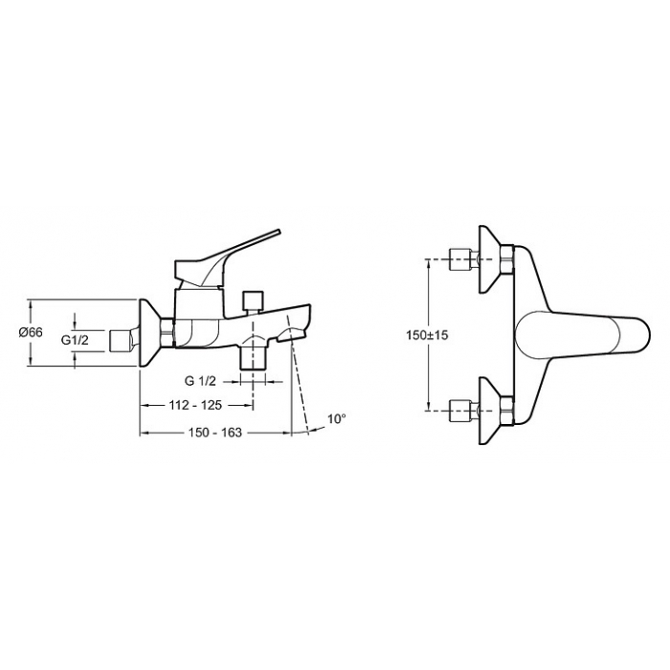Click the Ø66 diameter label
click(x=31, y=331)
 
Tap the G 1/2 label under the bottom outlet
click(x=200, y=381)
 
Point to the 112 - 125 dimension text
click(x=195, y=405)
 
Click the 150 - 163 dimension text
click(x=215, y=433)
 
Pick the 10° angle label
click(x=337, y=419)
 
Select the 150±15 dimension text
click(x=427, y=335)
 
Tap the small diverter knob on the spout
click(x=252, y=301)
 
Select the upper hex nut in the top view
click(x=507, y=259)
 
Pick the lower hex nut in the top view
click(x=507, y=411)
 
